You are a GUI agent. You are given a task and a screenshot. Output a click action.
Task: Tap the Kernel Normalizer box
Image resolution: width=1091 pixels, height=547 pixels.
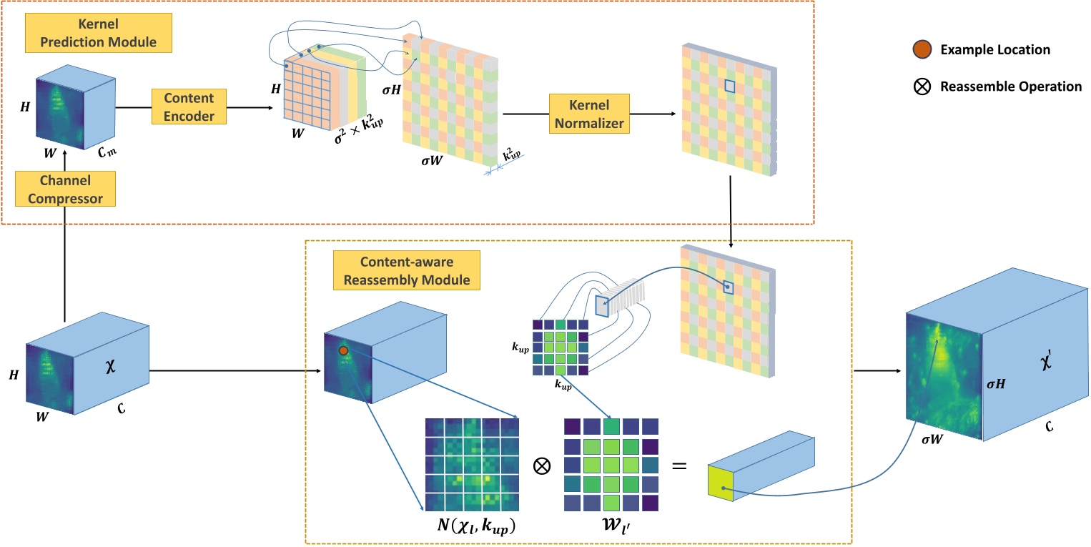click(x=587, y=113)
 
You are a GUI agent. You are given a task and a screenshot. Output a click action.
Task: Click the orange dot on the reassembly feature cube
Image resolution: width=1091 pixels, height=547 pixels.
click(x=343, y=350)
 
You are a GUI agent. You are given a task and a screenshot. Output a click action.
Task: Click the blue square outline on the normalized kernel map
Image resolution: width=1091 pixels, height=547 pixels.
click(x=730, y=86)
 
